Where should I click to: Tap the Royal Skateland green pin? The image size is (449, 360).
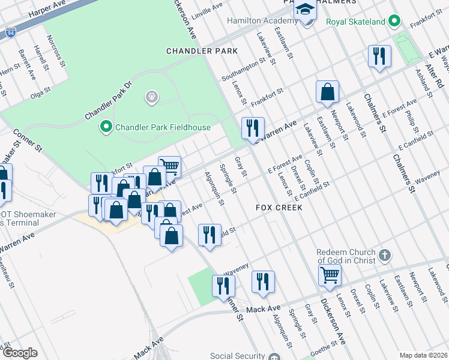pos(394,22)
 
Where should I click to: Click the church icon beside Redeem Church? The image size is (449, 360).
pos(385,256)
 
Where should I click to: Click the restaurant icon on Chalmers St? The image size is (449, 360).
pos(379,56)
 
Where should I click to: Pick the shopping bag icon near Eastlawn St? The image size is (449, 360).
pos(328,92)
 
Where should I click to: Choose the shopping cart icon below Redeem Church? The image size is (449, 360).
pos(330,275)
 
